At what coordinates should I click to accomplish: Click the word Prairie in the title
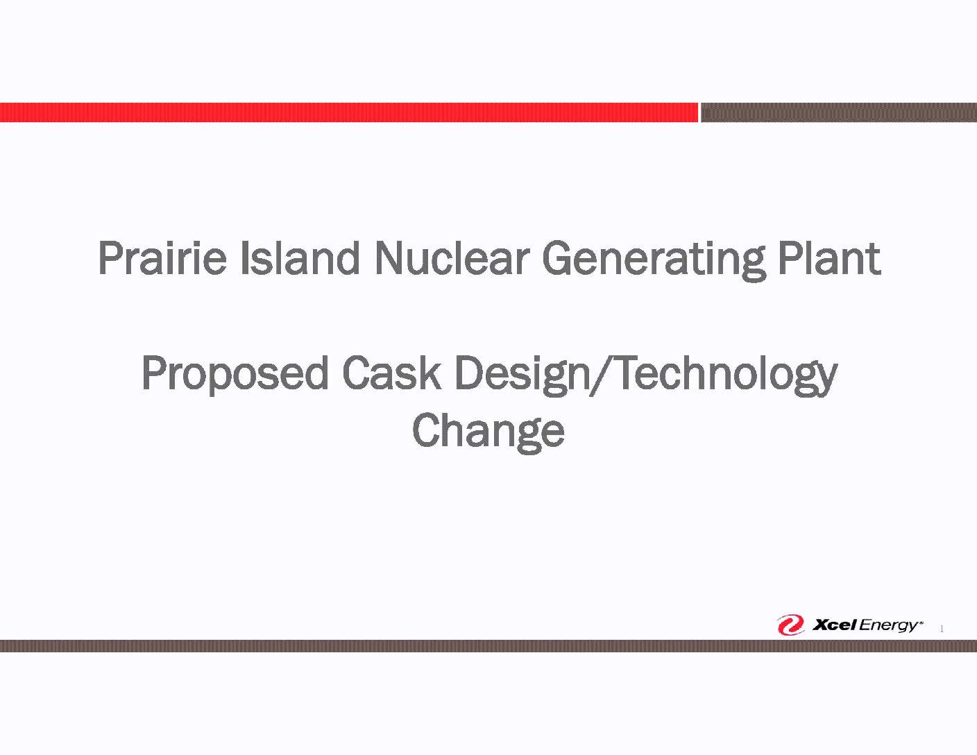pos(162,258)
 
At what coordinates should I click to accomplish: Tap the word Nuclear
pos(450,258)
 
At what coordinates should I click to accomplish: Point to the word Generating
pos(654,262)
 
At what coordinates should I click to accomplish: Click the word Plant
pos(829,258)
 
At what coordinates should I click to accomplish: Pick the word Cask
pos(391,373)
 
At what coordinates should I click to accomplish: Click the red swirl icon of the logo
pos(790,625)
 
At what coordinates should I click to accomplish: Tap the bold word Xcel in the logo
pos(834,625)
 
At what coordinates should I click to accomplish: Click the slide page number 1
pos(942,629)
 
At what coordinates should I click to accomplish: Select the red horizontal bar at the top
pos(349,112)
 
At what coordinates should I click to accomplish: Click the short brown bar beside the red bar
pos(839,112)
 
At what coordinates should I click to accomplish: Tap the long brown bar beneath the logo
pos(488,646)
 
